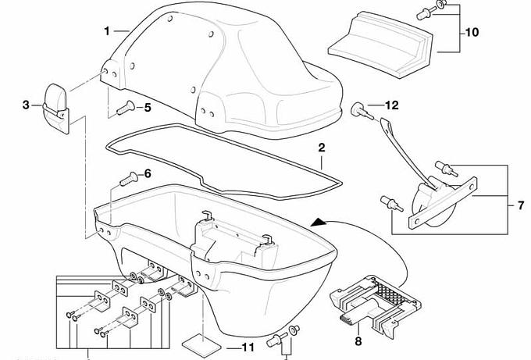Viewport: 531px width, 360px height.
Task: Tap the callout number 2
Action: [321, 147]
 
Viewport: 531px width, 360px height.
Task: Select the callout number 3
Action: [26, 104]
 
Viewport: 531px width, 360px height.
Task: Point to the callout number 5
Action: [146, 107]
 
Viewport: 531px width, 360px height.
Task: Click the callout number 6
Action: [146, 173]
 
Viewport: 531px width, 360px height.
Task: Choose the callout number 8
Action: [358, 340]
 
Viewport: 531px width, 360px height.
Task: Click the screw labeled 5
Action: [123, 109]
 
